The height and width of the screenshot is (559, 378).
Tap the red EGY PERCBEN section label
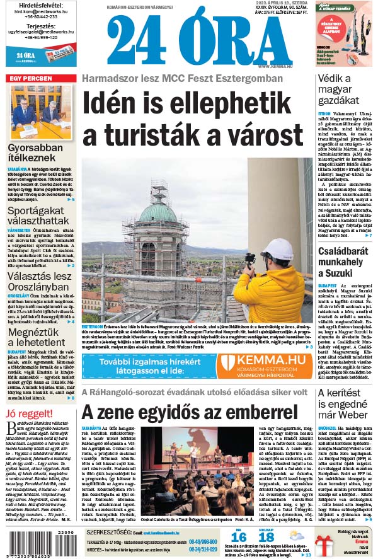(x=30, y=78)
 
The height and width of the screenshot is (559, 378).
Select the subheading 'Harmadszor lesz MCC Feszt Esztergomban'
(x=182, y=79)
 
